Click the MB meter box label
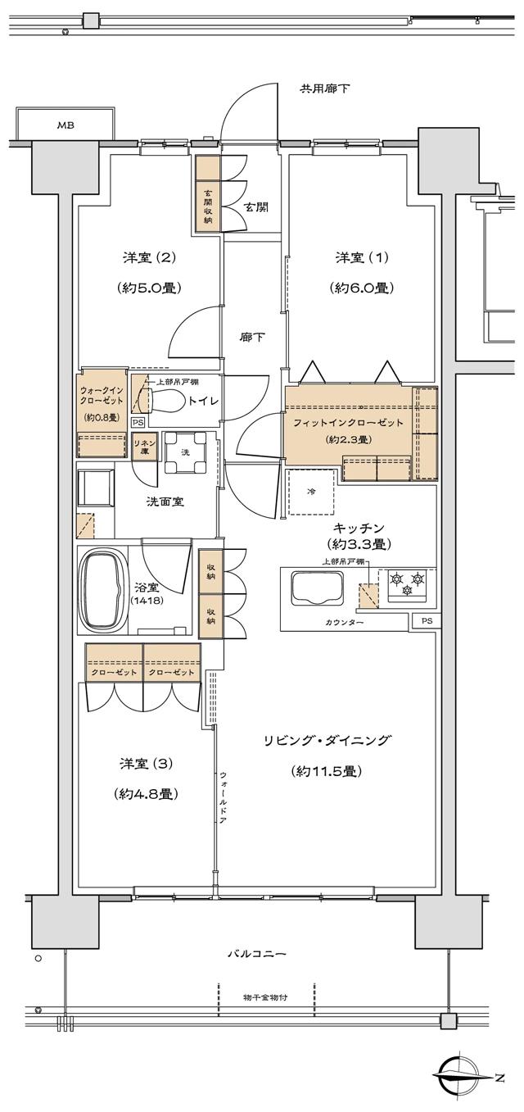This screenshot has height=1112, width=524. (64, 125)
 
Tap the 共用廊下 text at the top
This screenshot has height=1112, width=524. (324, 88)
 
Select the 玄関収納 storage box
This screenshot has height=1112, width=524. (208, 208)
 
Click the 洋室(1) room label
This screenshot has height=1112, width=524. (362, 258)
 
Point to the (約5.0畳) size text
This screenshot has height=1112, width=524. (149, 288)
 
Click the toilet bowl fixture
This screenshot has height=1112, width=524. (164, 401)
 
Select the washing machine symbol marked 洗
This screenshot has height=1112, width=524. (184, 452)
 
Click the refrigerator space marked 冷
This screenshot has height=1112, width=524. (311, 492)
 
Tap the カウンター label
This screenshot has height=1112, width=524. (343, 623)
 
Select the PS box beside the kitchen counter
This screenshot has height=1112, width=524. (426, 620)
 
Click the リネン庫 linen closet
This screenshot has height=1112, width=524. (144, 447)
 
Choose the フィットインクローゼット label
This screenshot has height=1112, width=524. (350, 422)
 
